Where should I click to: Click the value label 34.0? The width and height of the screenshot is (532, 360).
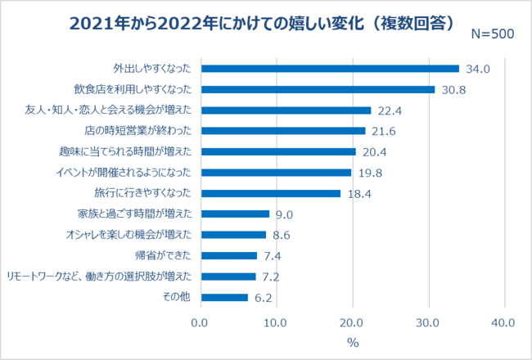tap(477, 69)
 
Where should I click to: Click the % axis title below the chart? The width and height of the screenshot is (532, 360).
tap(353, 342)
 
